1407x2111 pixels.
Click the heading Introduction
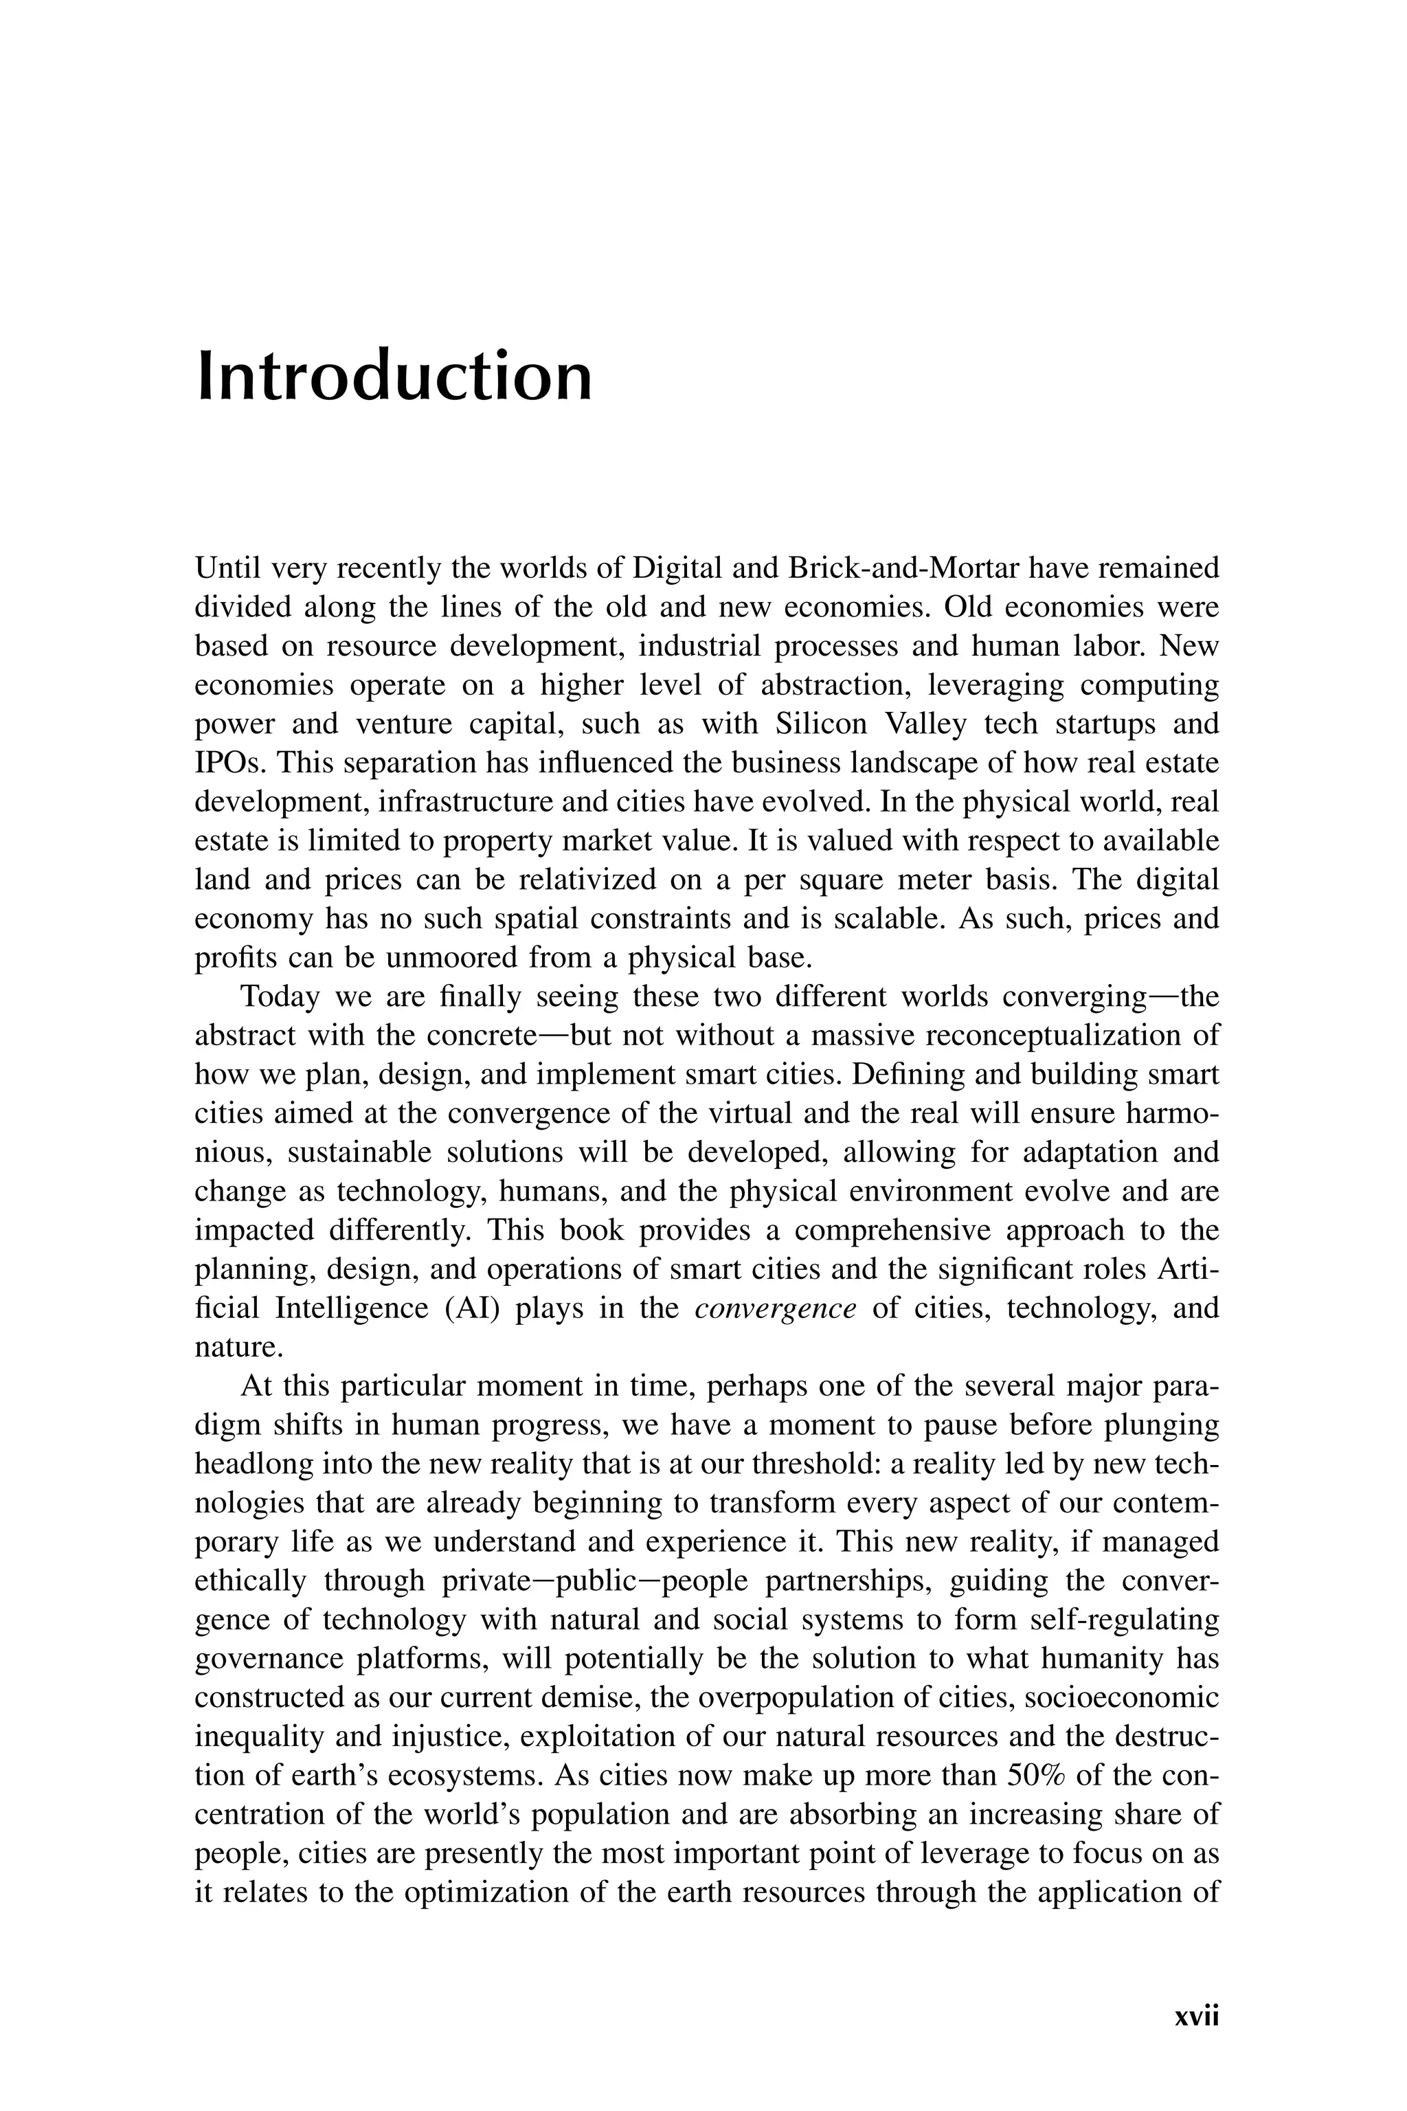pyautogui.click(x=395, y=377)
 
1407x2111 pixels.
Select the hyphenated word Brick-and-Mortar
pyautogui.click(x=903, y=569)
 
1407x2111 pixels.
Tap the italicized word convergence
pyautogui.click(x=775, y=1308)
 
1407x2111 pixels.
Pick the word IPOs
pyautogui.click(x=229, y=763)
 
